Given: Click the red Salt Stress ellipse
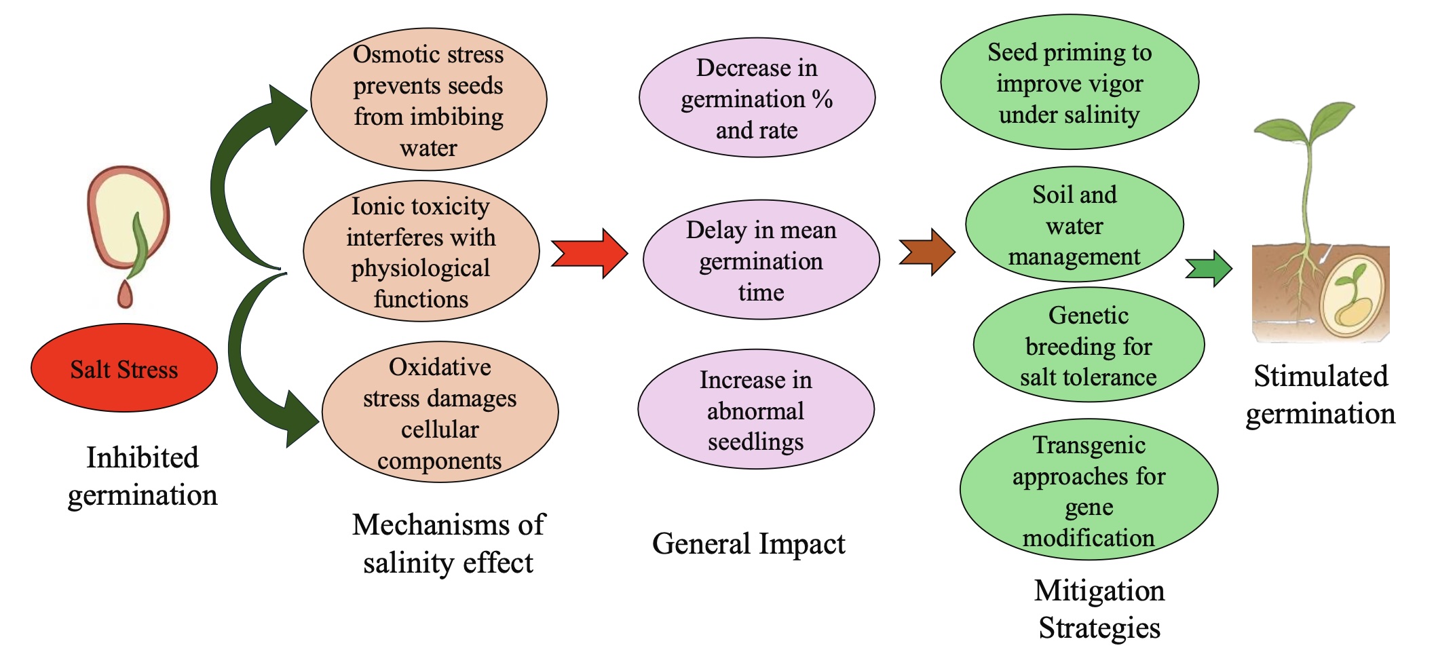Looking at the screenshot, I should [x=124, y=368].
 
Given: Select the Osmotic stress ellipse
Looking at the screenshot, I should [x=428, y=100].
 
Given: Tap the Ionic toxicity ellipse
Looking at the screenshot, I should [x=421, y=252].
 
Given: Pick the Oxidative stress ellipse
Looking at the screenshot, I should [x=440, y=413].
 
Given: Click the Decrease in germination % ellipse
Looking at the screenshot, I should [x=757, y=98].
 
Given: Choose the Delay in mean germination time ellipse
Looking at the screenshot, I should [x=761, y=260].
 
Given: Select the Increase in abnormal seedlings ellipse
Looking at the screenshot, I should [x=755, y=410].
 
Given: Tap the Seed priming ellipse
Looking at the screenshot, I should [x=1070, y=83].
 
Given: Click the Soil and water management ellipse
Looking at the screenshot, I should [x=1074, y=225].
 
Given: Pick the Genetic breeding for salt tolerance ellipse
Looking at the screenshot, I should [x=1089, y=345].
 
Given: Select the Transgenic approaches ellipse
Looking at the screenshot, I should [x=1089, y=490].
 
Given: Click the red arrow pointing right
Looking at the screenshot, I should [x=589, y=254].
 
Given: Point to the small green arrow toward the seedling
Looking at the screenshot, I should [x=1209, y=269].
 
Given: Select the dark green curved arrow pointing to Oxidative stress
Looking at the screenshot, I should [x=254, y=366].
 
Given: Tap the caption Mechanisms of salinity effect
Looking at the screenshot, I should [x=449, y=543].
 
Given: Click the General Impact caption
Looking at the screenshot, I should [x=749, y=543].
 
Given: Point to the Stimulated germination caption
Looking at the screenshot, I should [x=1320, y=394].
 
